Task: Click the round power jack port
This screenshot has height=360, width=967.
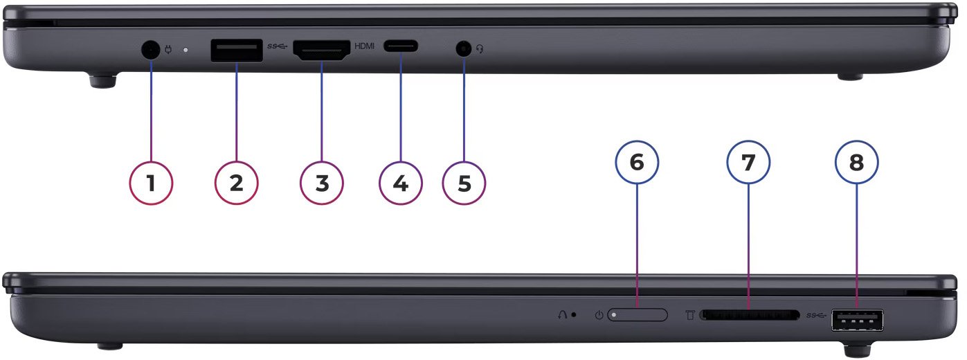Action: (150, 50)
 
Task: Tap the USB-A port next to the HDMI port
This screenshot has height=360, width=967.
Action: (237, 51)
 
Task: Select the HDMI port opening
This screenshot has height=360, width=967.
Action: (322, 51)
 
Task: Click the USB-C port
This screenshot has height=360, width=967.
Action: (401, 46)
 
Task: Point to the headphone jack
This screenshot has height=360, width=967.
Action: (464, 48)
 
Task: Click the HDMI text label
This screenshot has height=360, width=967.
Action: (364, 46)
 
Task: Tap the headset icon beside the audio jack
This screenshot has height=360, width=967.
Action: (480, 49)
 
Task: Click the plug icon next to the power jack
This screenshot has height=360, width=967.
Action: (168, 50)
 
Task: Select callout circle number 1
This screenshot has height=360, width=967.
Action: (151, 183)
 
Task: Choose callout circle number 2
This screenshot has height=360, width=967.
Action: (237, 183)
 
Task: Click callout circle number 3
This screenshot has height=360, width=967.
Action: (322, 183)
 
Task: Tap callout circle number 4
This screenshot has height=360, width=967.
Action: (401, 183)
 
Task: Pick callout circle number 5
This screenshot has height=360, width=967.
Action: (464, 183)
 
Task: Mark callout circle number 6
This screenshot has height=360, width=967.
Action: (638, 162)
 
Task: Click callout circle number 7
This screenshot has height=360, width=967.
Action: (748, 162)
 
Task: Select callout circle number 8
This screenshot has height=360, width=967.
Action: (857, 162)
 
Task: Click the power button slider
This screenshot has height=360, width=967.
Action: (638, 315)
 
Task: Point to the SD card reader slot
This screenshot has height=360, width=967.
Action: (750, 315)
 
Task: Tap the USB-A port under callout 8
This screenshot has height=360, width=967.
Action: (858, 321)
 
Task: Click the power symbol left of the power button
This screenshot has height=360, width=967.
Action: (599, 316)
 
